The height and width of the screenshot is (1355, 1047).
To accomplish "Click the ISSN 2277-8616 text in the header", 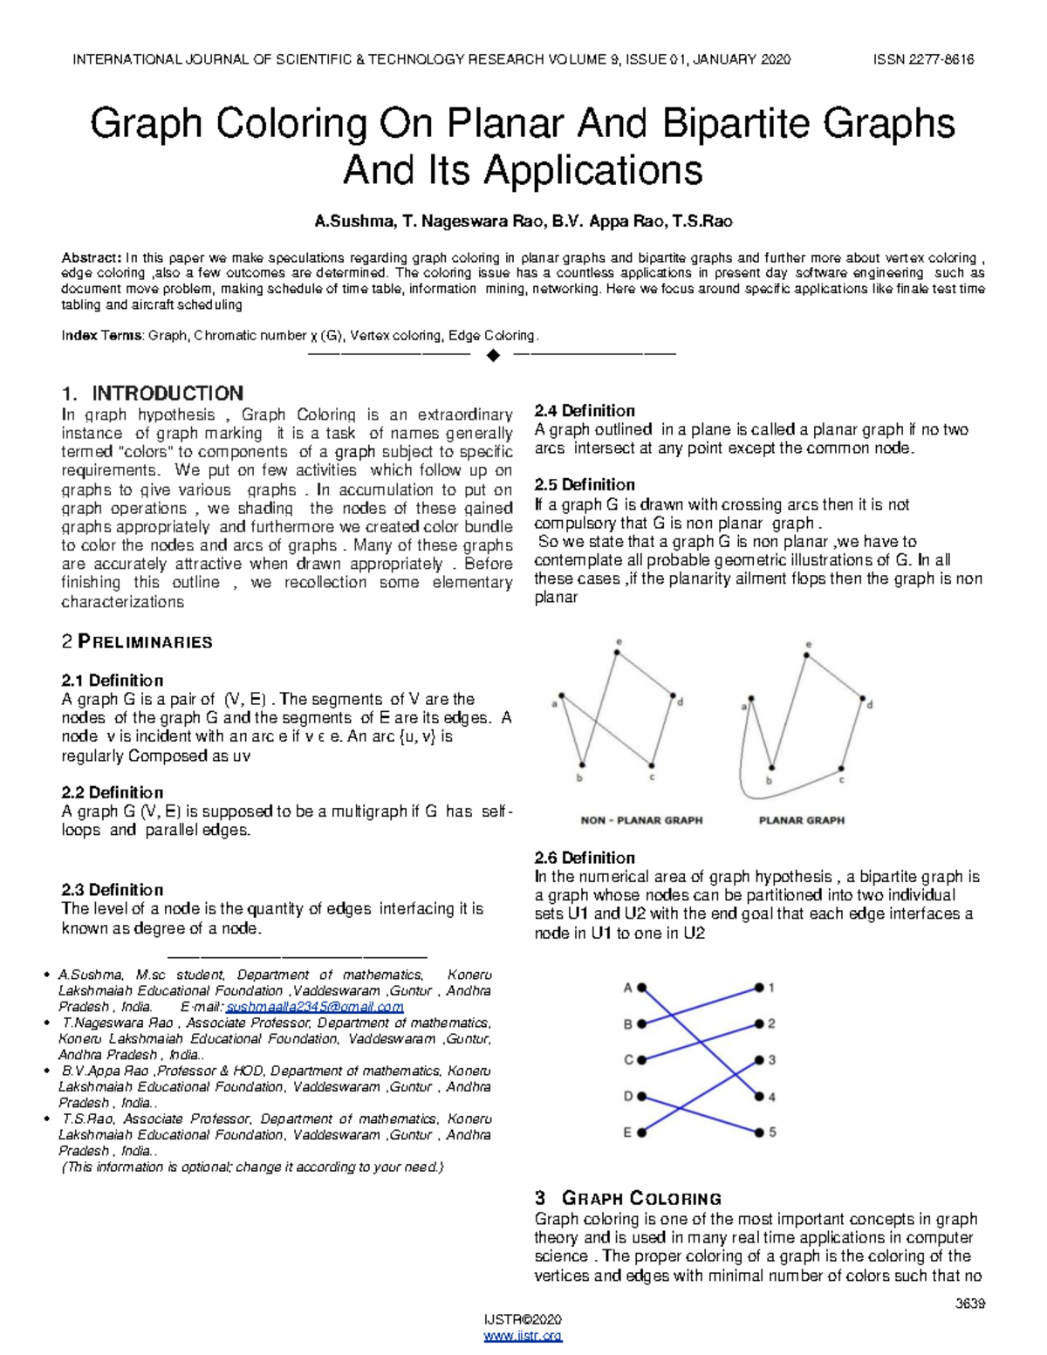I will [923, 59].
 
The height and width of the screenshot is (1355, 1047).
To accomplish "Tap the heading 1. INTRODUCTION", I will [153, 393].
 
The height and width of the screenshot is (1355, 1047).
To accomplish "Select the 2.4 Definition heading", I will [585, 411].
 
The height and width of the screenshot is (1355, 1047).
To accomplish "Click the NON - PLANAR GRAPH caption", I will [641, 820].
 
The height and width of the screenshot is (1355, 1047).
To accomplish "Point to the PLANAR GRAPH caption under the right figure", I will [801, 820].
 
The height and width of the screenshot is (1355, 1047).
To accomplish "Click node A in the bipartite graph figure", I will [642, 988].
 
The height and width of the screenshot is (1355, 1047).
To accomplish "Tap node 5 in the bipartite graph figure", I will [759, 1133].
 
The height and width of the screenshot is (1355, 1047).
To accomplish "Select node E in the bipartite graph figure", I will [642, 1133].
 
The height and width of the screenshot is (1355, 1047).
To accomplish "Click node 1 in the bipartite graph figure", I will [759, 988].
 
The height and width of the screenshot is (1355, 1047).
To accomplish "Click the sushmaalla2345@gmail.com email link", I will [314, 1007].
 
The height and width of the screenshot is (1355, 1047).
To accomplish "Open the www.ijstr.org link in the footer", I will [523, 1336].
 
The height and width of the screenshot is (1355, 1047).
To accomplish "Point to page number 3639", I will [969, 1304].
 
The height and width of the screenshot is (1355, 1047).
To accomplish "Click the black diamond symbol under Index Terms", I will [493, 355].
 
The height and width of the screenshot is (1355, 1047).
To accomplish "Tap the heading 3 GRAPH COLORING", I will [627, 1198].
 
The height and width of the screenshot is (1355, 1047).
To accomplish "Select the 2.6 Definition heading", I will [585, 858].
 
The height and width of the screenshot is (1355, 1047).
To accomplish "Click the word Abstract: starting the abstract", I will [92, 258].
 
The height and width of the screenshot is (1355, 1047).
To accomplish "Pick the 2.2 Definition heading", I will [112, 792].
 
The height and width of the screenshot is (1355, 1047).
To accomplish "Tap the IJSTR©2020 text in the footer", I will [523, 1319].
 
